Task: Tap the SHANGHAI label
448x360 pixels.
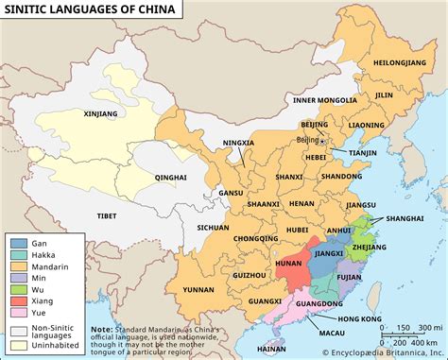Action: pyautogui.click(x=405, y=218)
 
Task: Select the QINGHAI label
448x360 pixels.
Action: pyautogui.click(x=171, y=177)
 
